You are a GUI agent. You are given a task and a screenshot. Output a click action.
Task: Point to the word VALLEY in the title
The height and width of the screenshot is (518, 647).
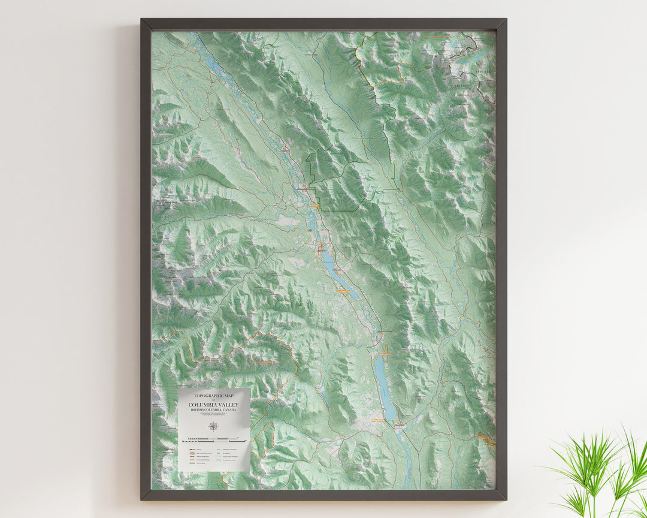(x=228, y=405)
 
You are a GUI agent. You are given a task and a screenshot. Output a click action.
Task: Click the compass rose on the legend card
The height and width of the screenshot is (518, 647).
(x=214, y=426)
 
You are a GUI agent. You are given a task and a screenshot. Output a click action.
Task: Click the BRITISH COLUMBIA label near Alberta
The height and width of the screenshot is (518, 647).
(x=462, y=88)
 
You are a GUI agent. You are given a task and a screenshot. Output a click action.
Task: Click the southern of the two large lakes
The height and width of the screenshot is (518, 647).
(x=383, y=384)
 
